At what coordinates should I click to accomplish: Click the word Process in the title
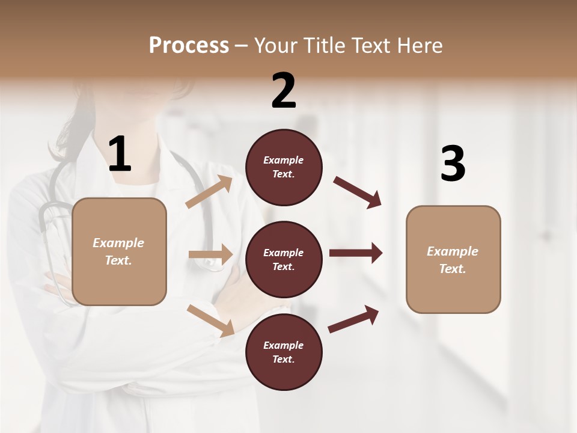click(189, 46)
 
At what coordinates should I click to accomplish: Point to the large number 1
click(120, 155)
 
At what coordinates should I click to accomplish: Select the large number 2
click(284, 91)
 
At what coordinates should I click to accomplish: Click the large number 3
click(453, 164)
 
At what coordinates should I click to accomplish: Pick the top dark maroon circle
click(284, 167)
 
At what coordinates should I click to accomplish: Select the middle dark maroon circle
click(284, 259)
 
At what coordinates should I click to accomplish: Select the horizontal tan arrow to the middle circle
click(210, 254)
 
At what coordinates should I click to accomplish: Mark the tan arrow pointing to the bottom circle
click(210, 321)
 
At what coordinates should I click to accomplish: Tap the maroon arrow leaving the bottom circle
click(353, 319)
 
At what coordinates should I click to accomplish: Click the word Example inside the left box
click(118, 243)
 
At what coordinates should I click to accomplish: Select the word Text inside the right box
click(451, 269)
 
